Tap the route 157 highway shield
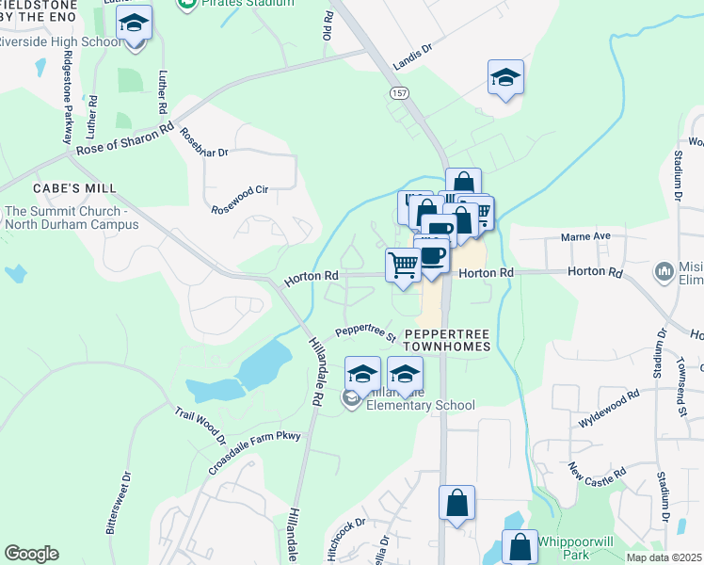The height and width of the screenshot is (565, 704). [x=396, y=93]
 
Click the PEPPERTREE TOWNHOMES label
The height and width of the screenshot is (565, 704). [x=447, y=340]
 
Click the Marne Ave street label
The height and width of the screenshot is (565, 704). [x=586, y=236]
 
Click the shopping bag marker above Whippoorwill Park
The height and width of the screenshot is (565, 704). [x=520, y=546]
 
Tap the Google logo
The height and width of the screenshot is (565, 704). [x=31, y=554]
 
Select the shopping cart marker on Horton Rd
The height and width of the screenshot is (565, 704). [x=403, y=265]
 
